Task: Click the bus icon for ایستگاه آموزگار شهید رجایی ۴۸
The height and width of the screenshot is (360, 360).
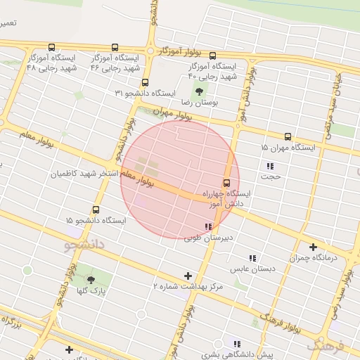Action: (52, 48)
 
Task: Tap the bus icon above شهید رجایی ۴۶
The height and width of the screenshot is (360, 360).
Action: (115, 48)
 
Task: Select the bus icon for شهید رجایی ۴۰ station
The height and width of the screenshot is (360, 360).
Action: (212, 56)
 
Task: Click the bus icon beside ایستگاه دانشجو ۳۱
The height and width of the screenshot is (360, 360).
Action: (145, 83)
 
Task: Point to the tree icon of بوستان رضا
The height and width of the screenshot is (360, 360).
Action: (200, 91)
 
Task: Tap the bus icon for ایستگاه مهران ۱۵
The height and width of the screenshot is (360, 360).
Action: (288, 137)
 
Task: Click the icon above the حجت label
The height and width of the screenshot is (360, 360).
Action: (269, 166)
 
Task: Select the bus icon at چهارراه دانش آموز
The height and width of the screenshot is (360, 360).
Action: (226, 184)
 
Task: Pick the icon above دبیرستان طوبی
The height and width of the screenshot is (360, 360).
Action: (207, 226)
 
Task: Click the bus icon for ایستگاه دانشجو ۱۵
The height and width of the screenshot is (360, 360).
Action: (96, 210)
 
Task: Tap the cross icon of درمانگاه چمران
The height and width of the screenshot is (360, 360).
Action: (313, 247)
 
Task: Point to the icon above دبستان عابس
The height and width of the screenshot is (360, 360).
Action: (251, 258)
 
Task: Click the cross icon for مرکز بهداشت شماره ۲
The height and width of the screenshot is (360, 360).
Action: (187, 276)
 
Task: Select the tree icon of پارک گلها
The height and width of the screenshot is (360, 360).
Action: (90, 280)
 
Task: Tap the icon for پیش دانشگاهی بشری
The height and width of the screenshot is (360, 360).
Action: (236, 344)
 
